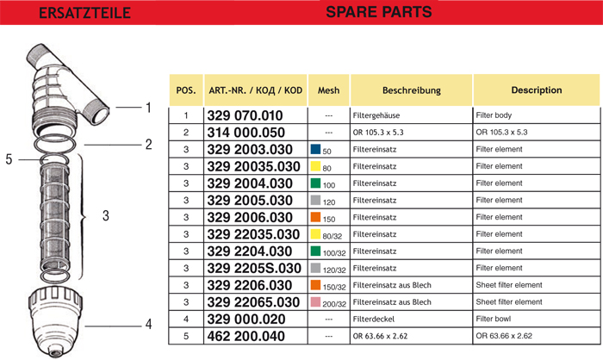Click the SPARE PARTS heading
[378, 12]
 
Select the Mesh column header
[328, 90]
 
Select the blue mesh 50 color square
[315, 149]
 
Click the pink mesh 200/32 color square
[315, 301]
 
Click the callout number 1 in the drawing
[147, 109]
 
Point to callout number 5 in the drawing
[9, 159]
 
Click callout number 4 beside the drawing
[148, 325]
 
